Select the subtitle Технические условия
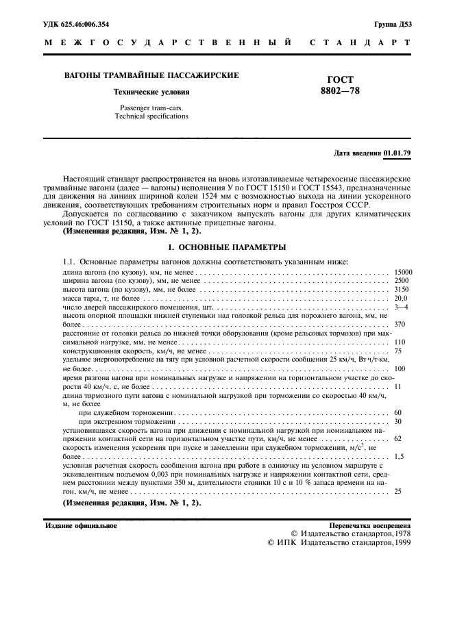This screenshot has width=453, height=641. (151, 92)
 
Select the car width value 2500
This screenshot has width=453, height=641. (401, 281)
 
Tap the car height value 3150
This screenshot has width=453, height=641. (401, 290)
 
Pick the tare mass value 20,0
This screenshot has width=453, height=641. (401, 299)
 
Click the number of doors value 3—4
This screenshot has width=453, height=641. (401, 307)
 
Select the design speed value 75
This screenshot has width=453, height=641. (398, 351)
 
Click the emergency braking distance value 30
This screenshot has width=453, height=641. (398, 421)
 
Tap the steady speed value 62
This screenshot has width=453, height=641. (398, 438)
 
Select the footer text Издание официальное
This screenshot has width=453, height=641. (81, 525)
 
